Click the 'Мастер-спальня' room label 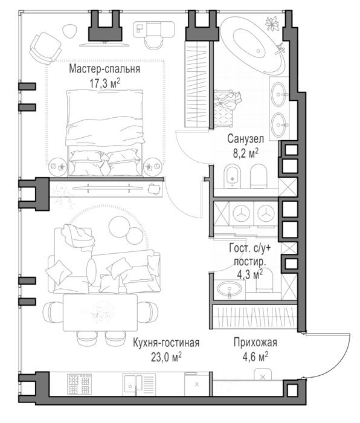coord(104,69)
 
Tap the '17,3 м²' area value coord(104,83)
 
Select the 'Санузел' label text coord(245,139)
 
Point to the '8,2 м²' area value coord(245,153)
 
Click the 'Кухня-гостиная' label coord(166,343)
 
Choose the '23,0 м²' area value coord(166,357)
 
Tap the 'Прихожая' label coord(255,343)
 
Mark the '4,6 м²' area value coord(255,357)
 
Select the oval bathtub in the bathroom coord(253,45)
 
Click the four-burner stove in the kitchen coord(79,384)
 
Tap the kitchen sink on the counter coord(139,384)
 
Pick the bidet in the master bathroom coord(232,176)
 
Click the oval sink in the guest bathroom coord(230,289)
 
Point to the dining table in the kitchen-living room coord(100,312)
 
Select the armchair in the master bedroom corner coord(45,48)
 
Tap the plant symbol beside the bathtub coord(272,24)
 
